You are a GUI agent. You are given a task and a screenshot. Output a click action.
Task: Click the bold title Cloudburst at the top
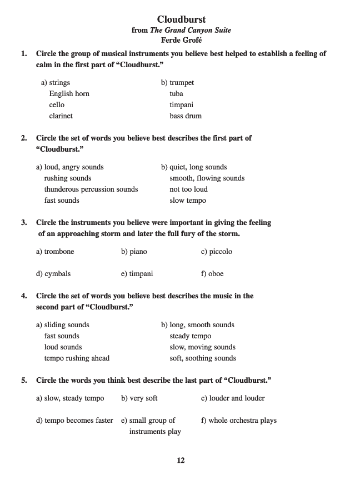[x=181, y=19]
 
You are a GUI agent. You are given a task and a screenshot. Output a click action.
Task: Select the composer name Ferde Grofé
[x=181, y=40]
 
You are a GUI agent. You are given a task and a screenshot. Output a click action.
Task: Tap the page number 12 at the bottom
[x=181, y=460]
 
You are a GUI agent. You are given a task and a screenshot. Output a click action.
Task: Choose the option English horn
[x=69, y=94]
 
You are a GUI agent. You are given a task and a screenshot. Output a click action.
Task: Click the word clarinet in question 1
[x=61, y=116]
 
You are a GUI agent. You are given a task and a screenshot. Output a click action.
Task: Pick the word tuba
[x=176, y=94]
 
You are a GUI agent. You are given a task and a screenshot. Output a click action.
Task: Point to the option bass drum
[x=186, y=116]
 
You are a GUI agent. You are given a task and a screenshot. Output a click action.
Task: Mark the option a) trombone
[x=55, y=252]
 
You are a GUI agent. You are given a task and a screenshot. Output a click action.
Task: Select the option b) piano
[x=134, y=252]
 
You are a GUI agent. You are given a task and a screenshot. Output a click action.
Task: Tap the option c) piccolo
[x=217, y=252]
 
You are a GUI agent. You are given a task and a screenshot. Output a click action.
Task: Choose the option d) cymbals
[x=53, y=274]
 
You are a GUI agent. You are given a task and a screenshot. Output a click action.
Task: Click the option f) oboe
[x=212, y=274]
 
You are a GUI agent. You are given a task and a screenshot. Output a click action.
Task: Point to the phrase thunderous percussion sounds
[x=91, y=189]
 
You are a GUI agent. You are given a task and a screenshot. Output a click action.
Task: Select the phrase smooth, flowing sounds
[x=207, y=178]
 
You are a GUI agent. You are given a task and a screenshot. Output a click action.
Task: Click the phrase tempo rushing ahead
[x=77, y=358]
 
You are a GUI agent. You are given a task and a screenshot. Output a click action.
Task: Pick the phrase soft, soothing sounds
[x=203, y=358]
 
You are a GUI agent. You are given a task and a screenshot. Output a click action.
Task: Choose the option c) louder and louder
[x=233, y=398]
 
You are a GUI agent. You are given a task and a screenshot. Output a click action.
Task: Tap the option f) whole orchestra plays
[x=238, y=421]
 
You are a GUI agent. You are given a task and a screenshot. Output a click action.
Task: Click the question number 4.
[x=24, y=296]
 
